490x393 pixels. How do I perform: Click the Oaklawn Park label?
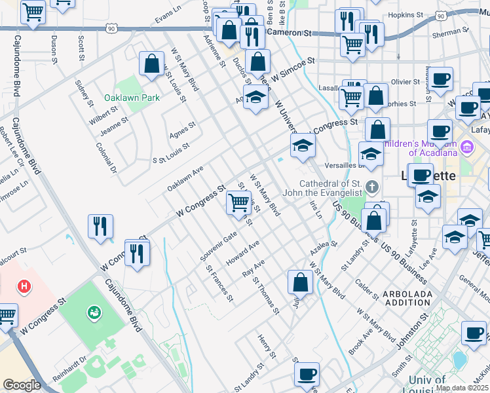(132, 98)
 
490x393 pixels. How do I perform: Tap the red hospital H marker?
(24, 286)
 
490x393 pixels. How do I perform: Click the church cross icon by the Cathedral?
(371, 187)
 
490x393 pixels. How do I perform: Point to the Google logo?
(22, 385)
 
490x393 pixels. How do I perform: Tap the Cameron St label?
(288, 32)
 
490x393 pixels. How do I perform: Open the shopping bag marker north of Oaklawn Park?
(152, 64)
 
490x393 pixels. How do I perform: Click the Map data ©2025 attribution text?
(462, 388)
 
